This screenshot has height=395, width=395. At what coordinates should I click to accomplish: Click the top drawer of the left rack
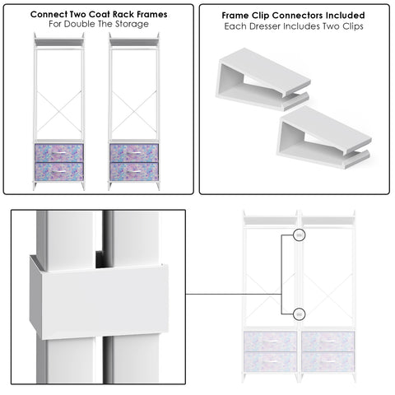58,153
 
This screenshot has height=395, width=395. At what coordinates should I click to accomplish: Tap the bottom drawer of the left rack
58,171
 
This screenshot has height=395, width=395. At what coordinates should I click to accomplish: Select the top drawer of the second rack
132,153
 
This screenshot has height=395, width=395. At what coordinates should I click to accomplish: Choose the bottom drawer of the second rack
132,171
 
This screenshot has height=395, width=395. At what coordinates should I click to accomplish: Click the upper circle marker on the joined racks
300,235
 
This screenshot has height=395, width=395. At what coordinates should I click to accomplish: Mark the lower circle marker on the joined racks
300,313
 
